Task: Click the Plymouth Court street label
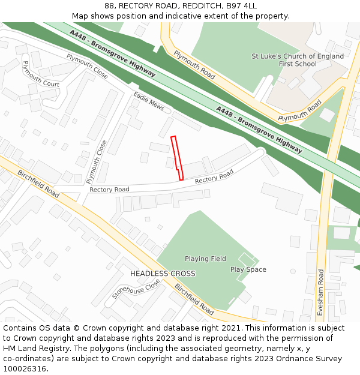pyautogui.click(x=40, y=74)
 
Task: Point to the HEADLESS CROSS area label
pyautogui.click(x=163, y=274)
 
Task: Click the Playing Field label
pyautogui.click(x=205, y=259)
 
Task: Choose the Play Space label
pyautogui.click(x=248, y=269)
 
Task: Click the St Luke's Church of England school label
pyautogui.click(x=298, y=60)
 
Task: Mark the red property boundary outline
pyautogui.click(x=176, y=157)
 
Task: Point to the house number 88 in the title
pyautogui.click(x=109, y=5)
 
